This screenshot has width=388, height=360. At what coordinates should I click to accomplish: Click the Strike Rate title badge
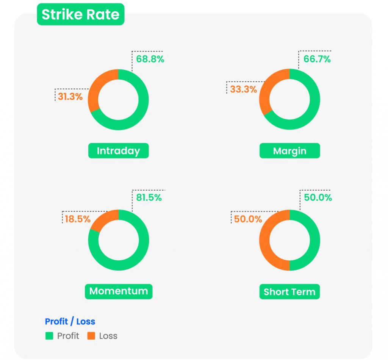pos(80,14)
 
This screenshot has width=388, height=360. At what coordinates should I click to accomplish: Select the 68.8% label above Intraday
pos(150,59)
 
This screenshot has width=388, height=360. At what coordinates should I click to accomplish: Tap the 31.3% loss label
pos(70,97)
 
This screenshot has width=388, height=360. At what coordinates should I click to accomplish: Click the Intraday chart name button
pos(118,151)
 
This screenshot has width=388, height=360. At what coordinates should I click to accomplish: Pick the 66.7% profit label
pos(317,59)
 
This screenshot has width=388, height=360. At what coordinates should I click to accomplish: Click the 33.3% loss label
pos(243,90)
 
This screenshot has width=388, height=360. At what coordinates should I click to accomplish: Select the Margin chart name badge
pos(289,151)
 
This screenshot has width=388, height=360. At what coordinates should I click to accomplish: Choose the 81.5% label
pos(149,198)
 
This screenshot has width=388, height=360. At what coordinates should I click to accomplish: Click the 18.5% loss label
pos(77,219)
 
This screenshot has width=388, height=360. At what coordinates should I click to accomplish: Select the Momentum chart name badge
pos(118,291)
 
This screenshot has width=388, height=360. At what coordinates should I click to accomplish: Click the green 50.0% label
pos(318,198)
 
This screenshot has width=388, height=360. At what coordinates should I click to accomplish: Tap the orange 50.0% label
pos(248,219)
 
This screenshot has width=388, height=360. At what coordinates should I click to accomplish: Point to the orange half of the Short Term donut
pos(265,240)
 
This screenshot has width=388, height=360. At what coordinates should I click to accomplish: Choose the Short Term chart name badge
pos(289,292)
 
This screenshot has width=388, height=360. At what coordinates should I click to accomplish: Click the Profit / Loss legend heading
pos(70,322)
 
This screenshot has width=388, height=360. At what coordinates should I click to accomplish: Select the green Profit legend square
pos(49,336)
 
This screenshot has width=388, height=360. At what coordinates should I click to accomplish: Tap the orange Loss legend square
pos(91,336)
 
